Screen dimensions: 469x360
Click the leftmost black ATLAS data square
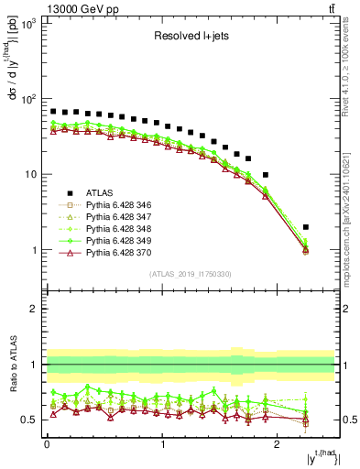coord(53,111)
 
